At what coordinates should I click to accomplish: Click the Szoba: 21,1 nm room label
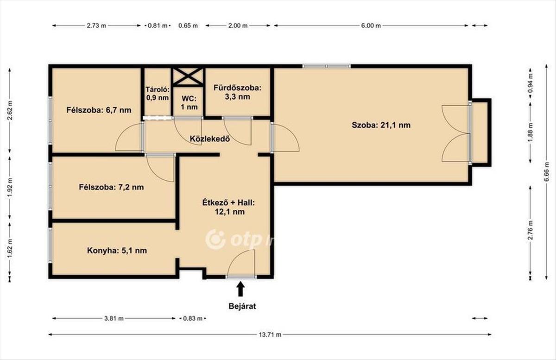tap(381, 125)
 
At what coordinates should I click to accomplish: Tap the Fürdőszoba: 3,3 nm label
tap(238, 92)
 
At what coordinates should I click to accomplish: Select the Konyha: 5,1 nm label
tap(117, 251)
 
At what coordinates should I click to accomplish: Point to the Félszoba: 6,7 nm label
tap(99, 110)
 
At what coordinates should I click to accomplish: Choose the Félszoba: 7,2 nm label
tap(111, 187)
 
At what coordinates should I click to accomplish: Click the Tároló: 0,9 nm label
tap(158, 94)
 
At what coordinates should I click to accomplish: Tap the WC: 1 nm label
tap(189, 103)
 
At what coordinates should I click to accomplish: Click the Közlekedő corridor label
tap(210, 139)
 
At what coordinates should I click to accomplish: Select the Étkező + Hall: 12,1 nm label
tap(228, 207)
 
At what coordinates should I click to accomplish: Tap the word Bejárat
tap(242, 306)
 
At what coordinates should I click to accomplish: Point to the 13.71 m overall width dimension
tap(270, 335)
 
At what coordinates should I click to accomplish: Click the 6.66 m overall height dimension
tap(546, 172)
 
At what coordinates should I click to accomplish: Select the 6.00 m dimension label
tap(371, 25)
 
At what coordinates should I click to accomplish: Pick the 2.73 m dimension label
tap(96, 25)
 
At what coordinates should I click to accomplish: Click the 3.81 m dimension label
tap(114, 319)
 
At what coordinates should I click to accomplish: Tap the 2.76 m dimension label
tap(531, 230)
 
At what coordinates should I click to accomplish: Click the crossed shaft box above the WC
tap(188, 77)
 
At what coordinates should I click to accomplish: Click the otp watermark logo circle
tap(215, 240)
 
